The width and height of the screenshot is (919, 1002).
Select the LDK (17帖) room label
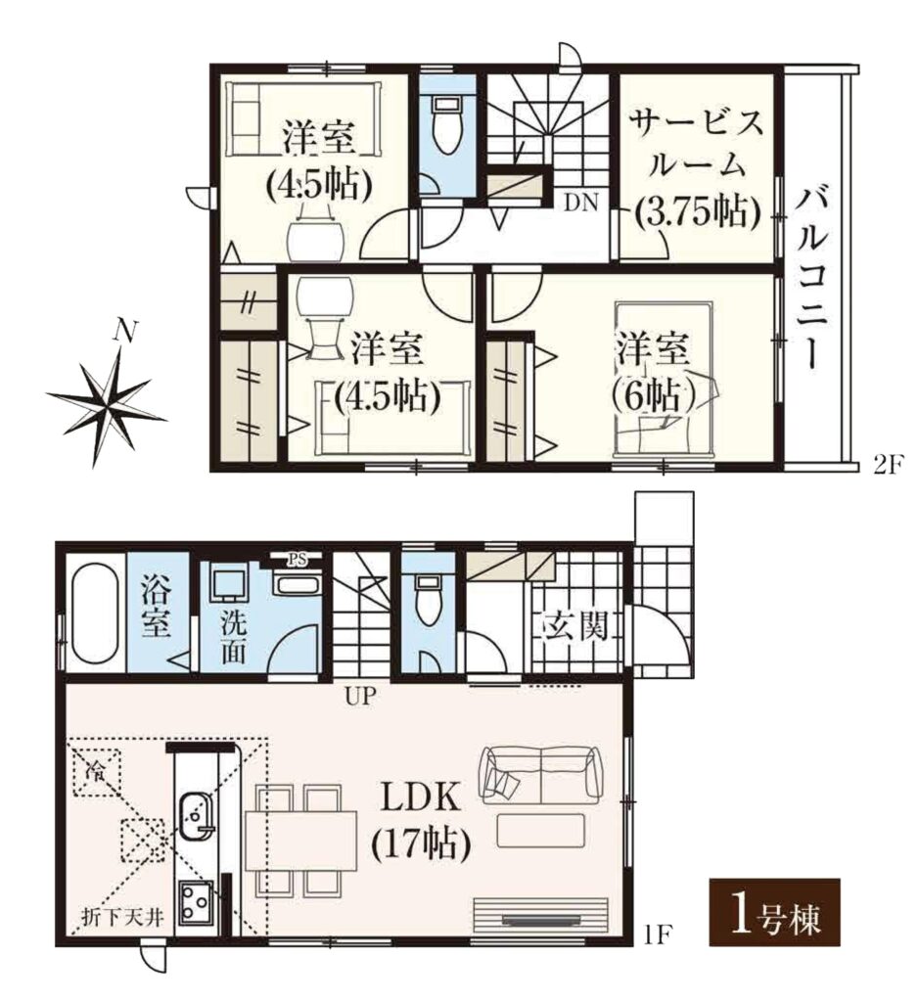[x=421, y=821]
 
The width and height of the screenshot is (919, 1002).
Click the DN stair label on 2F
[x=581, y=204]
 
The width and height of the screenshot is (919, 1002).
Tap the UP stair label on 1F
[x=359, y=696]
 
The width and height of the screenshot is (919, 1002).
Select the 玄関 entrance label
[x=575, y=627]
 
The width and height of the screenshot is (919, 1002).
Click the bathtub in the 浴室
[x=95, y=615]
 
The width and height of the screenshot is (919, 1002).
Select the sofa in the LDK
[x=542, y=774]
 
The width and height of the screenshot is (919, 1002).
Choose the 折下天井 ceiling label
[x=122, y=919]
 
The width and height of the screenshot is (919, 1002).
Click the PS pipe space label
[x=296, y=560]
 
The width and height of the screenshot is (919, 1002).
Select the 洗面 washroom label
[x=233, y=638]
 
